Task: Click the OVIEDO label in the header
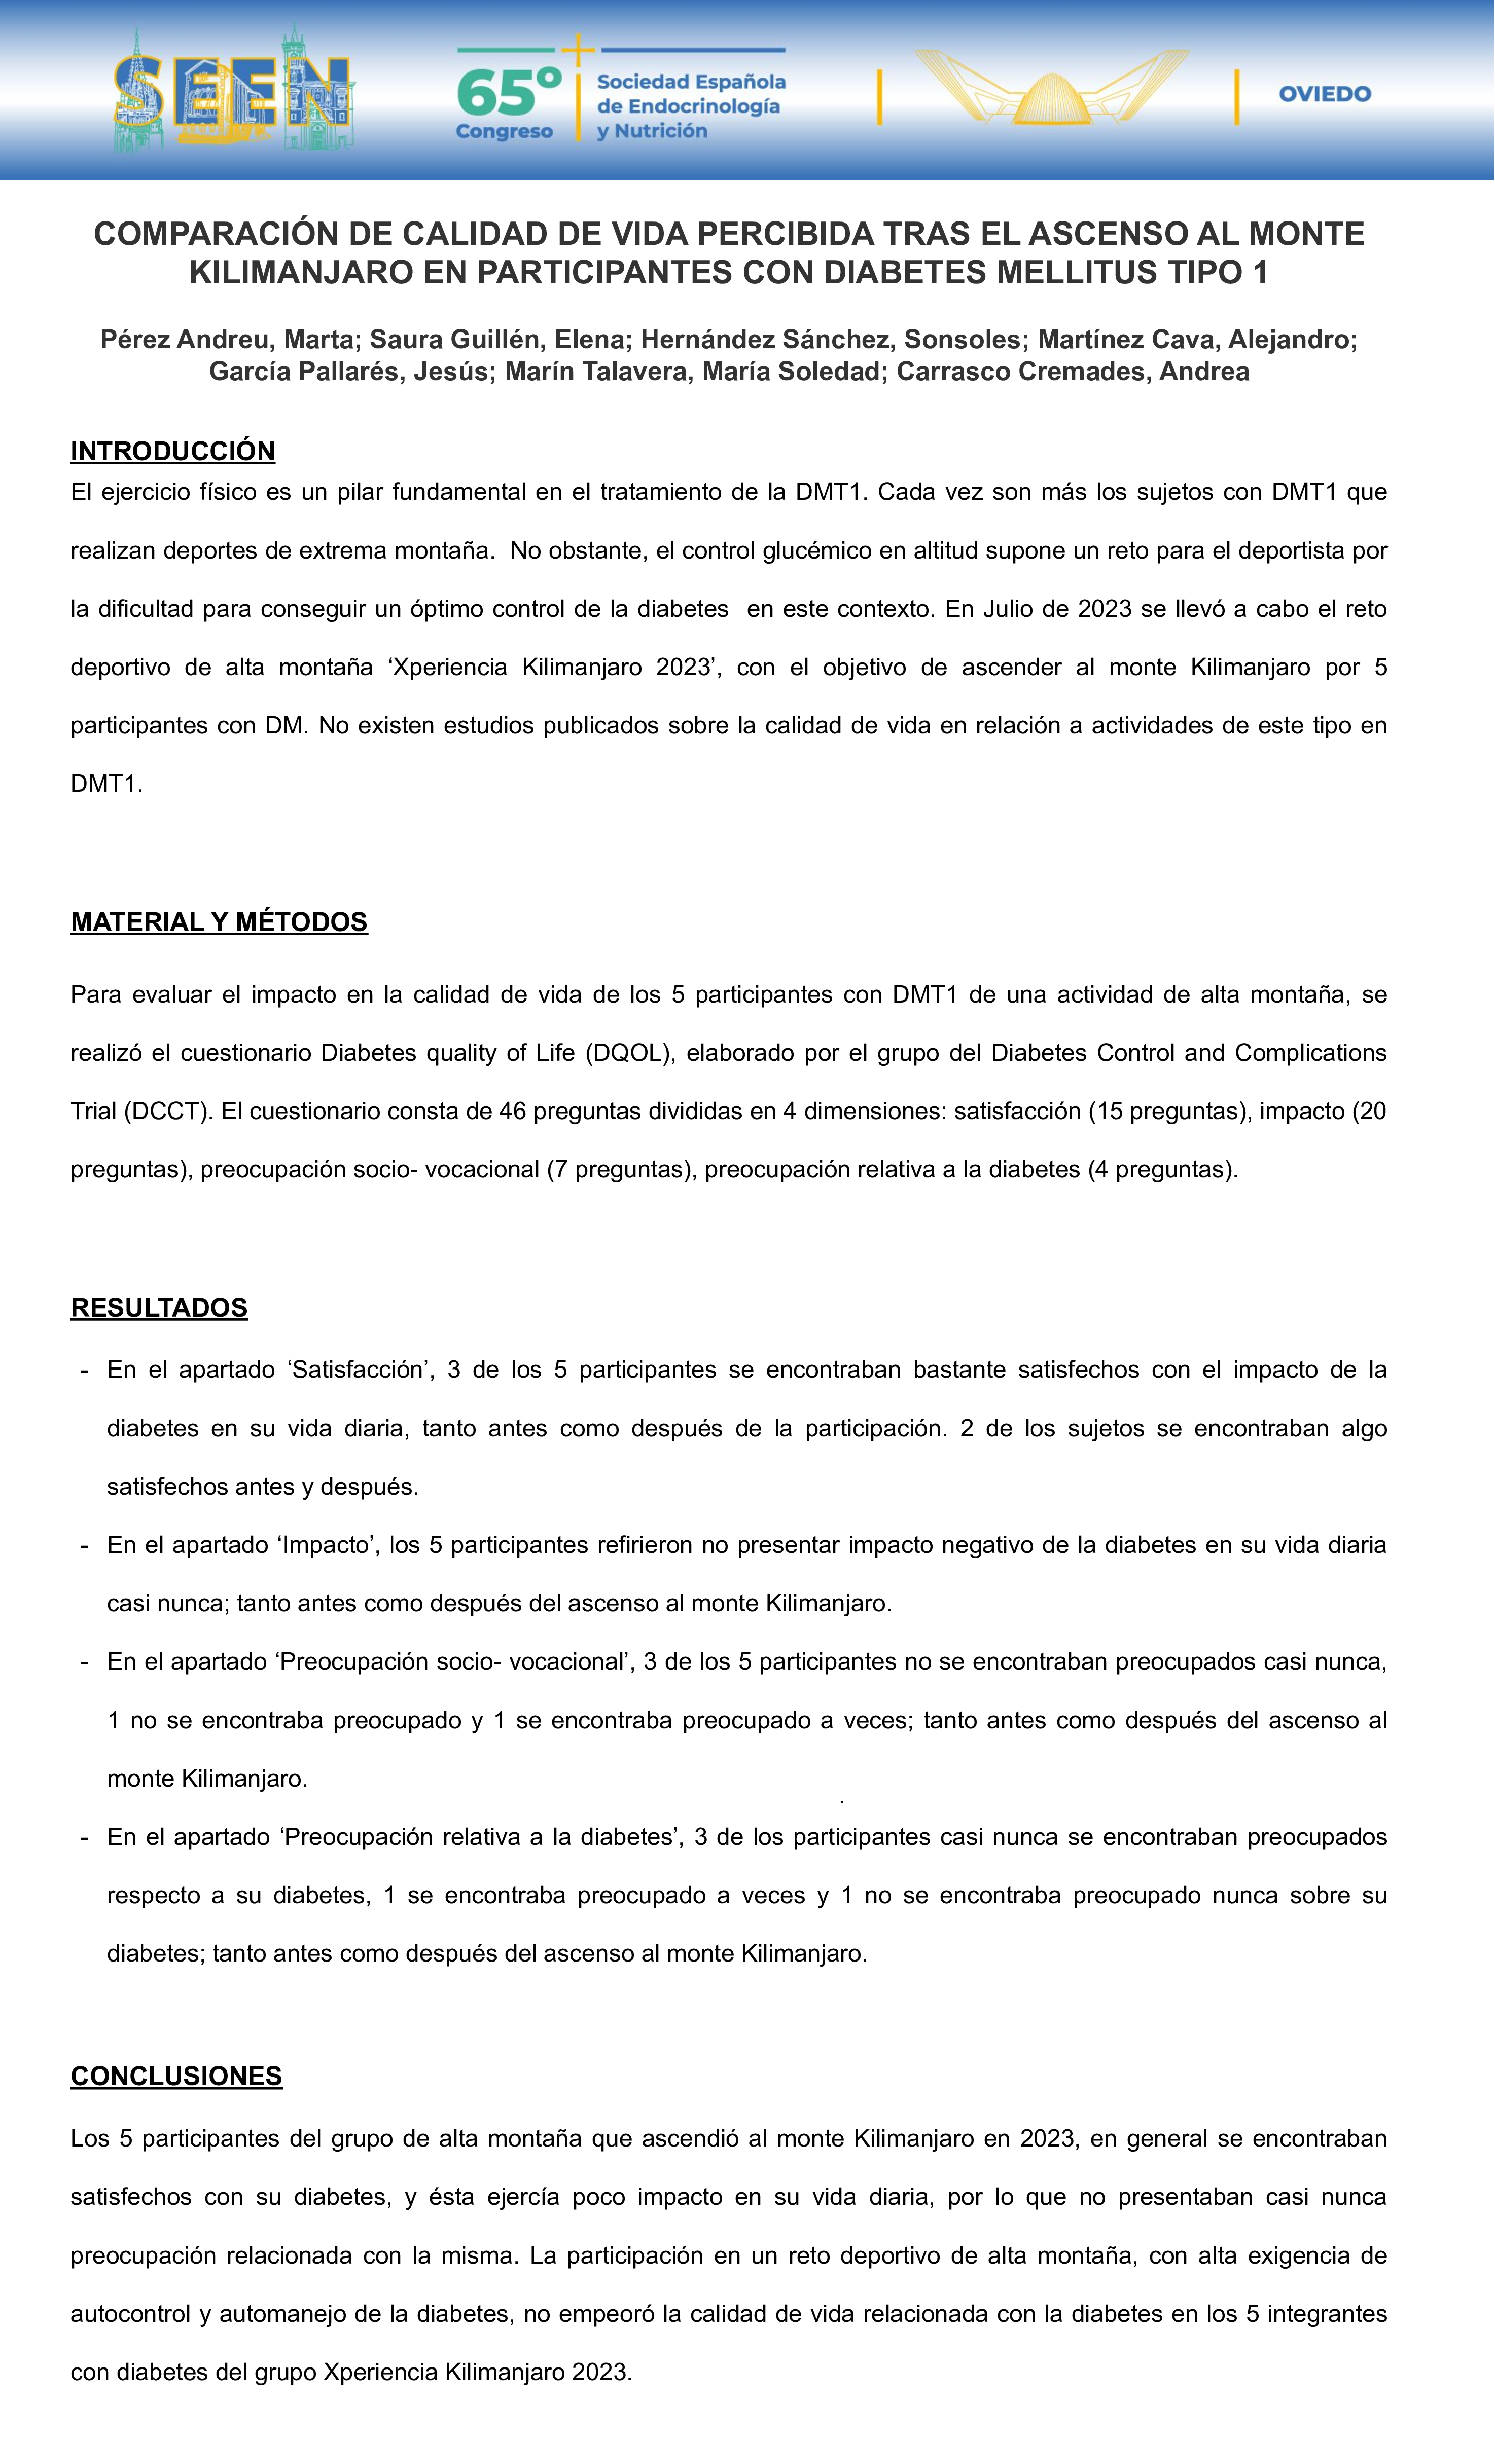coord(1325,94)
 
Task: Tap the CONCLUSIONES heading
coord(176,2076)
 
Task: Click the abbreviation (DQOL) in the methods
coord(629,1053)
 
